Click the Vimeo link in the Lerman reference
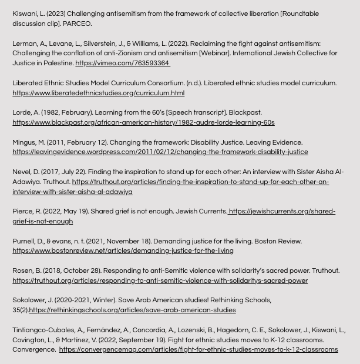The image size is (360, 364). pos(122,63)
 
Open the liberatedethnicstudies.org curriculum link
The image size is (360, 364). pos(98,93)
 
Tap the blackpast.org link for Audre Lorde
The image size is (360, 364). pos(143,122)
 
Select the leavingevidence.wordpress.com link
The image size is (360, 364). pos(160,152)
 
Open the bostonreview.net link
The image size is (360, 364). pos(123,251)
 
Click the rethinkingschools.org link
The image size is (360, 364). pos(132,310)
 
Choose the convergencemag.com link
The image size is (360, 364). pos(198,349)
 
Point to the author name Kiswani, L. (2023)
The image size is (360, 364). pos(38,14)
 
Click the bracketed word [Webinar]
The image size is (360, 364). pos(216,53)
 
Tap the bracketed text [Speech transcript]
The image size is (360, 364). pos(196,112)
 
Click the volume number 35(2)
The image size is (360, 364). pos(21,310)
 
